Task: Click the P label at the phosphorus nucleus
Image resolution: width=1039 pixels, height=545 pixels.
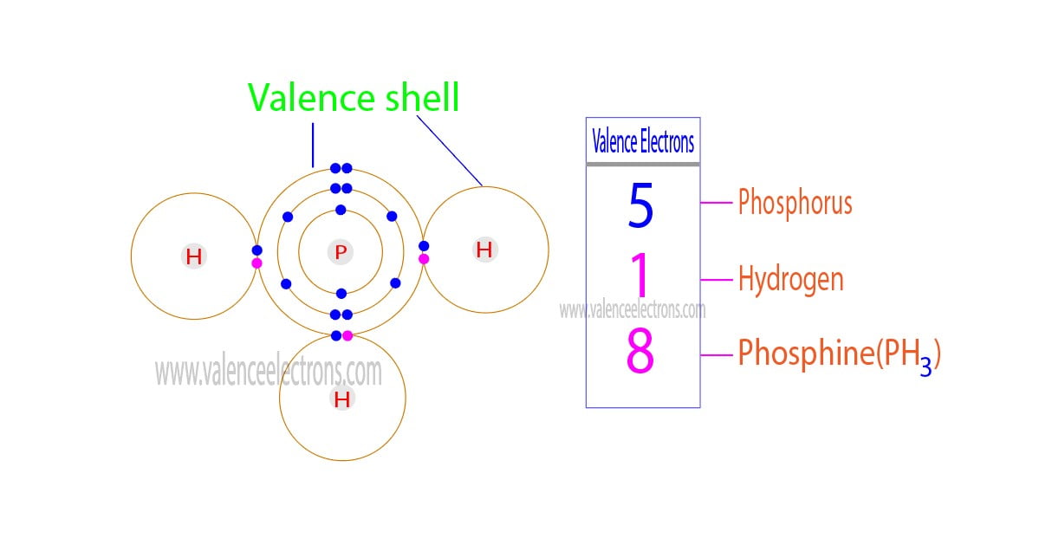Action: point(341,252)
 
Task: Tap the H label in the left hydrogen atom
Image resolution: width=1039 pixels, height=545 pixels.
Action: point(193,256)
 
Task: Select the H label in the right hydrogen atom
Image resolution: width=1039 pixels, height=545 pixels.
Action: point(484,250)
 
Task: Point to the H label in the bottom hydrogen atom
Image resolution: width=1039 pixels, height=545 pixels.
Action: point(342,399)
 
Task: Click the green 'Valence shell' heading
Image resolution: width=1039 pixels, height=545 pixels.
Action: point(354,99)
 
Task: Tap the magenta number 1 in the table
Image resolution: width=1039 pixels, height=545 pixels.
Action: point(640,276)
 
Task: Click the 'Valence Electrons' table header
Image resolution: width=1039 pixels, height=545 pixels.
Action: point(642,141)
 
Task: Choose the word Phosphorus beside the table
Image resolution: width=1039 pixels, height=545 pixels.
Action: point(795,203)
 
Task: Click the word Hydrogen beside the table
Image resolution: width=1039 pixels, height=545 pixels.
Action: point(790,279)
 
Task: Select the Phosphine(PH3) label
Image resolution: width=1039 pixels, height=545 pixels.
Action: point(838,354)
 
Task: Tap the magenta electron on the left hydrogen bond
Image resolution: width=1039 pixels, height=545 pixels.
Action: point(257,263)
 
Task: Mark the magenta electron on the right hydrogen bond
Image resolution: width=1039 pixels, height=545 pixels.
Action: point(424,258)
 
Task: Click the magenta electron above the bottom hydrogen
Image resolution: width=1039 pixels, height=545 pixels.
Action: point(347,335)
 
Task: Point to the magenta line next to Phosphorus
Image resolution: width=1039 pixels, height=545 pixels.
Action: point(717,203)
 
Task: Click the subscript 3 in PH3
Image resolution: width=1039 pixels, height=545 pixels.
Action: point(926,367)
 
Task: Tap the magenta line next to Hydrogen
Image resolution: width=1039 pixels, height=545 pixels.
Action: point(717,279)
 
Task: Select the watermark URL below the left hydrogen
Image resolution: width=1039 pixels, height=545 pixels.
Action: point(269,372)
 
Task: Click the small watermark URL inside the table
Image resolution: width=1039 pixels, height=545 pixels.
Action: point(633,309)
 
